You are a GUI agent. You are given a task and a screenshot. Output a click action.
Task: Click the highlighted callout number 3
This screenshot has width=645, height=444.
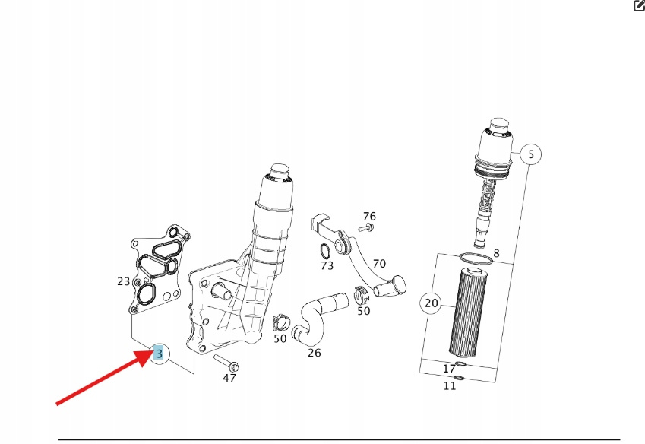point(159,353)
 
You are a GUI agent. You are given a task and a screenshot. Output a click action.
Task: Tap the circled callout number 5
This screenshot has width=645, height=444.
point(530,154)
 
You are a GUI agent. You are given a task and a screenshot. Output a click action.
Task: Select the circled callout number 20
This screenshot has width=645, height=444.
point(431,303)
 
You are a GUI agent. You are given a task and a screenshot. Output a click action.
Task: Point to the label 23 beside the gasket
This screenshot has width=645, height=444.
point(123,281)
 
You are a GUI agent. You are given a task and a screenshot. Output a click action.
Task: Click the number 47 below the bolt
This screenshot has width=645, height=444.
point(229,378)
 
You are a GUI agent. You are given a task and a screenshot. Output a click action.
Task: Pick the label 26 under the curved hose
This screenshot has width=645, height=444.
point(315,353)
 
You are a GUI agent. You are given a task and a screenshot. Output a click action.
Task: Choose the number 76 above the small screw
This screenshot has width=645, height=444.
point(369,216)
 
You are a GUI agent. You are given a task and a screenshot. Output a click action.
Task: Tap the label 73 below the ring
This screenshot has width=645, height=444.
point(327,266)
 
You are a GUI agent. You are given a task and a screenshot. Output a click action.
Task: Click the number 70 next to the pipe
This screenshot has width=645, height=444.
point(379,263)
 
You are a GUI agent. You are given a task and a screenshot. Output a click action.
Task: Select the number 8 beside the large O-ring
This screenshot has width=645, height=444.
point(497,253)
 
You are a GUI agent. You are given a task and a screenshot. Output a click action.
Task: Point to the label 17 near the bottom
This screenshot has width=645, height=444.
point(449,369)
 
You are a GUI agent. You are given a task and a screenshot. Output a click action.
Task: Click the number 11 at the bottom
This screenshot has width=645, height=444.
point(450,385)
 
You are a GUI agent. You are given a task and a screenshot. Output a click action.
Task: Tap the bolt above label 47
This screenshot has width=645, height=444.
point(226,363)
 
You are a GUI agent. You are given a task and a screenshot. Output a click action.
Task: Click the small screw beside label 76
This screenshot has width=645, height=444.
point(366,227)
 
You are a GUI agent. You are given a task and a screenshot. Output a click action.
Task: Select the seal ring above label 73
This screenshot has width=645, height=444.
point(325,251)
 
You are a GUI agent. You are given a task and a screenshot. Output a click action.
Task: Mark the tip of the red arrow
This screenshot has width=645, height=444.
point(154,350)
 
